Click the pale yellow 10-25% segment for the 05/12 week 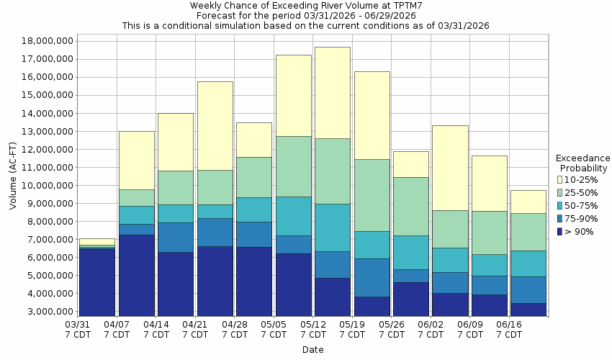[333, 93]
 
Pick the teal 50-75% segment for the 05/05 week [294, 216]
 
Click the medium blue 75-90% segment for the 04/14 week [176, 237]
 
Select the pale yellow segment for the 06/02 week [451, 168]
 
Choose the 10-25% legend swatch [559, 179]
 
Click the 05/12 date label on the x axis [313, 330]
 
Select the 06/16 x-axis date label [510, 330]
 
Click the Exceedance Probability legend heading [583, 163]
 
